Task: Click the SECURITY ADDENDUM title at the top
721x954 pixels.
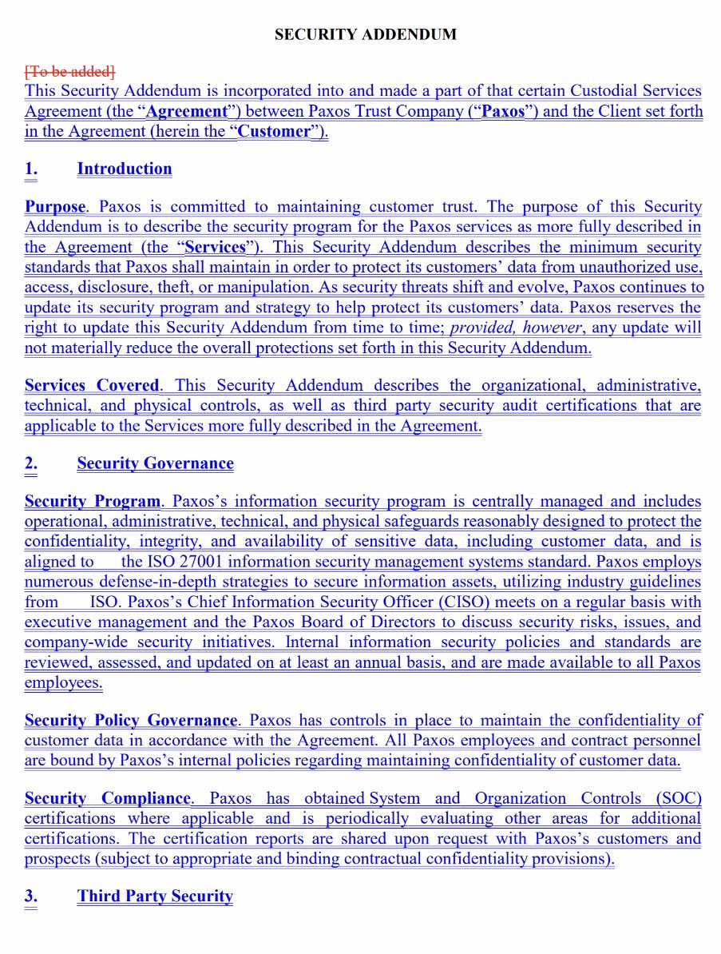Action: [x=365, y=34]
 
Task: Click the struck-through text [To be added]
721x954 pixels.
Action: [x=70, y=71]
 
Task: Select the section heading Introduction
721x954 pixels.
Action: [x=125, y=169]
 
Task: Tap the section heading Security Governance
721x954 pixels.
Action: [x=155, y=463]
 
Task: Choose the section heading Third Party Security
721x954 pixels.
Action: [x=155, y=896]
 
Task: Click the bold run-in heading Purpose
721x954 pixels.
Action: [x=54, y=207]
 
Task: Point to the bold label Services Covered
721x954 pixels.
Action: [x=92, y=385]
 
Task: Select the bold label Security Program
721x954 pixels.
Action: [x=92, y=502]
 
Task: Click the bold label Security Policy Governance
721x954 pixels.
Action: [x=131, y=721]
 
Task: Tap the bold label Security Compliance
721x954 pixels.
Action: [x=108, y=798]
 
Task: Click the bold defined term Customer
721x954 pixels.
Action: [x=274, y=132]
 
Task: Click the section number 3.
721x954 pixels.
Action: [x=30, y=896]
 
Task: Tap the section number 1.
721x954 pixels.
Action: [x=30, y=169]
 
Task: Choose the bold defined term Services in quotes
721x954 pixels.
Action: [x=214, y=247]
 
